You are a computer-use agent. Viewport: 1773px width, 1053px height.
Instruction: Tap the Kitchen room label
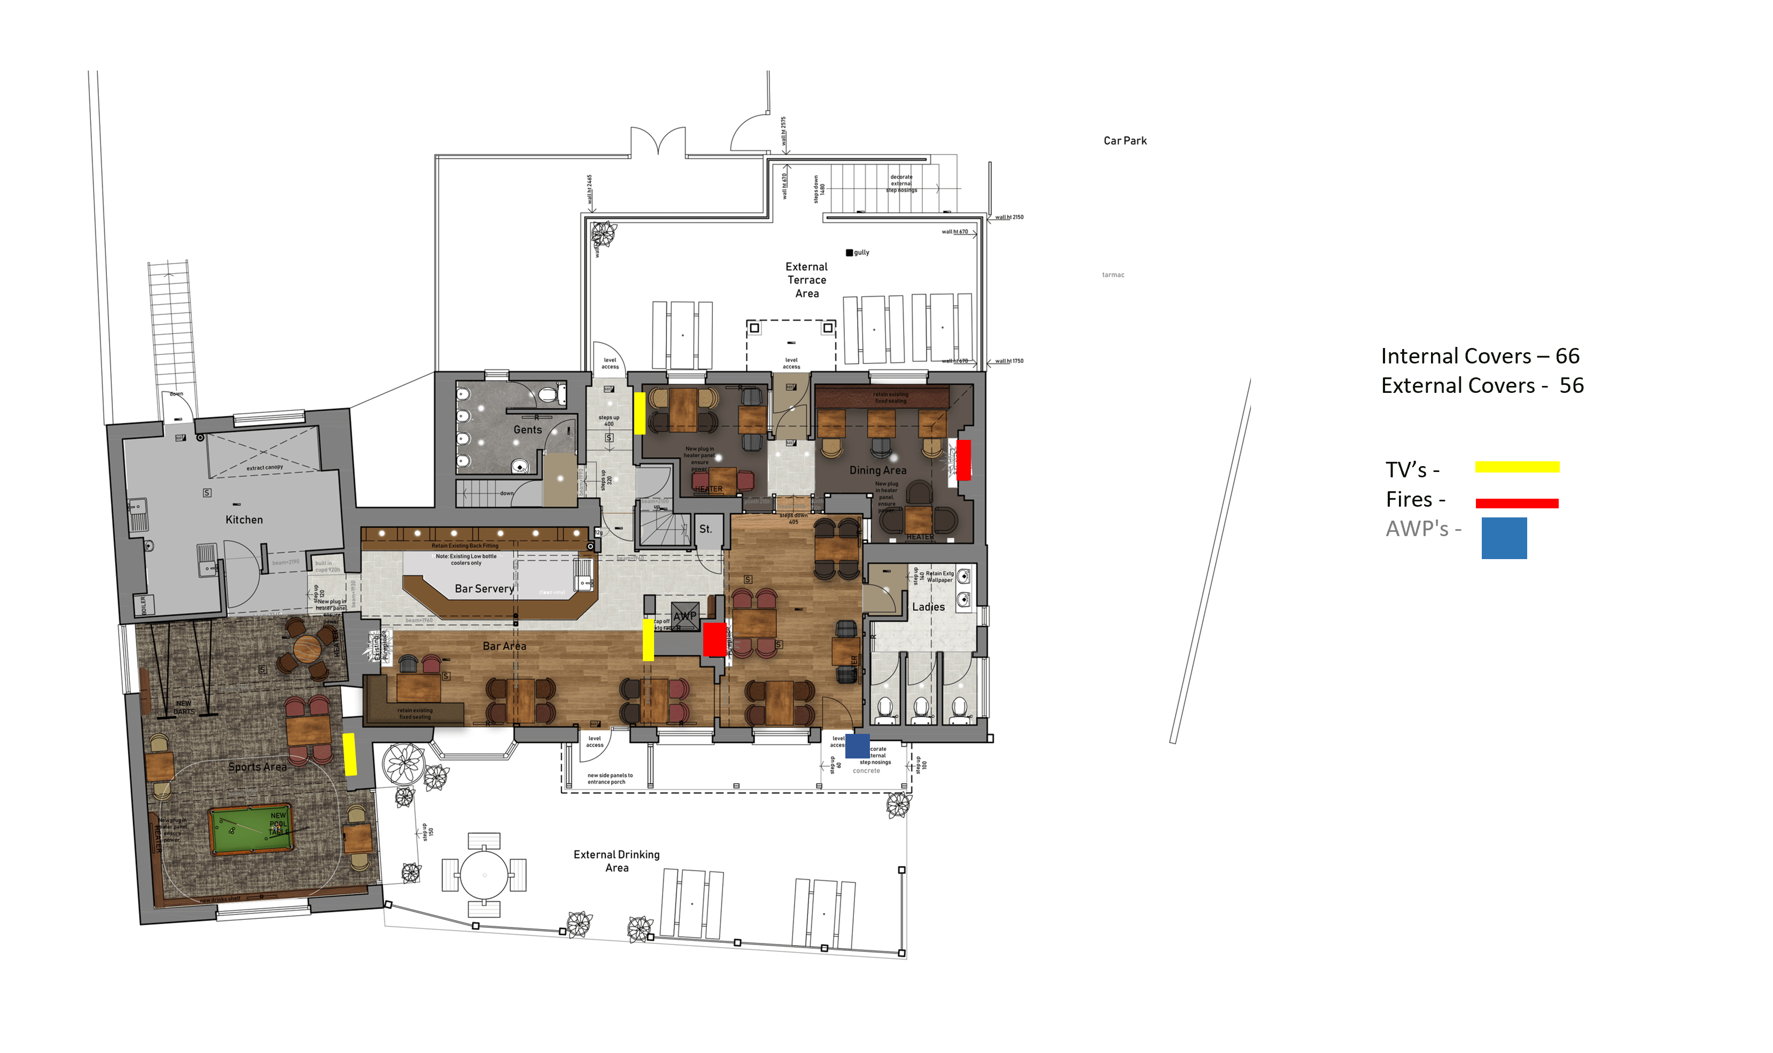(244, 520)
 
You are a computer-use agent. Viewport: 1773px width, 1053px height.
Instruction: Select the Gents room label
(527, 430)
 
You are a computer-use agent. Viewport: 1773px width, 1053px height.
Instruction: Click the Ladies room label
(928, 607)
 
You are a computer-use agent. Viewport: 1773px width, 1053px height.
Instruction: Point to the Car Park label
(1124, 141)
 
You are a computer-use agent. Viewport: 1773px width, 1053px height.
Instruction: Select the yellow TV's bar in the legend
(1517, 467)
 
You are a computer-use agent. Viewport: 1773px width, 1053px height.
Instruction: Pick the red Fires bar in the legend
(1517, 503)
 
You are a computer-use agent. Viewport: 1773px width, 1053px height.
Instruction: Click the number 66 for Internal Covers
(1567, 356)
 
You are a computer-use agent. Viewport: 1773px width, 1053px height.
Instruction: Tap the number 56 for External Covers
(1571, 386)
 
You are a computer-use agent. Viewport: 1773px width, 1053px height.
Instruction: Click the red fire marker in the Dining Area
(963, 460)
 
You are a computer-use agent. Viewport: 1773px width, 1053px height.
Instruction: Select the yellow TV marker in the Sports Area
(349, 754)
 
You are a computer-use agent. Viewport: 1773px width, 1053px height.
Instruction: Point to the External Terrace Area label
(806, 280)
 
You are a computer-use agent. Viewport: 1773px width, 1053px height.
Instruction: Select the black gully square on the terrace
(849, 253)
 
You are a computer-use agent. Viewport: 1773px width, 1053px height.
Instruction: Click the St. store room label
(705, 529)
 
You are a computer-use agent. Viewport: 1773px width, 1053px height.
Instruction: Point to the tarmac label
(1112, 275)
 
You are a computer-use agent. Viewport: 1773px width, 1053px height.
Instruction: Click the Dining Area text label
(877, 470)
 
